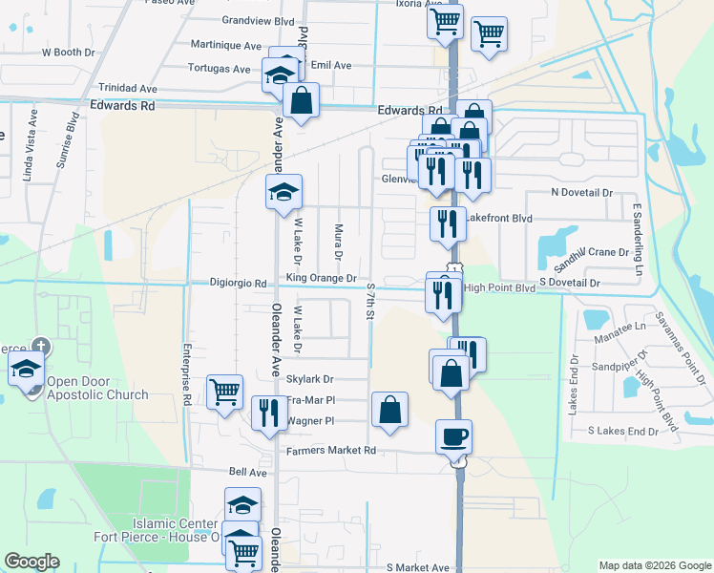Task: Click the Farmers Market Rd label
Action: tap(330, 450)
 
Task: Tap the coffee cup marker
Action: tap(453, 436)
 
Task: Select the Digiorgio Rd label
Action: tap(239, 283)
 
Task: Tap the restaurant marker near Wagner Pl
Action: tap(269, 412)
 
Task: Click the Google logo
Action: tap(31, 562)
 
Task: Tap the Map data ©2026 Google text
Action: tap(654, 565)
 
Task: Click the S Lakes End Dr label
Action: tap(623, 432)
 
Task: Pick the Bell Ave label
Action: tap(247, 472)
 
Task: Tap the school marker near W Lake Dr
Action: tap(283, 193)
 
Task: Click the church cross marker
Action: tap(40, 347)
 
